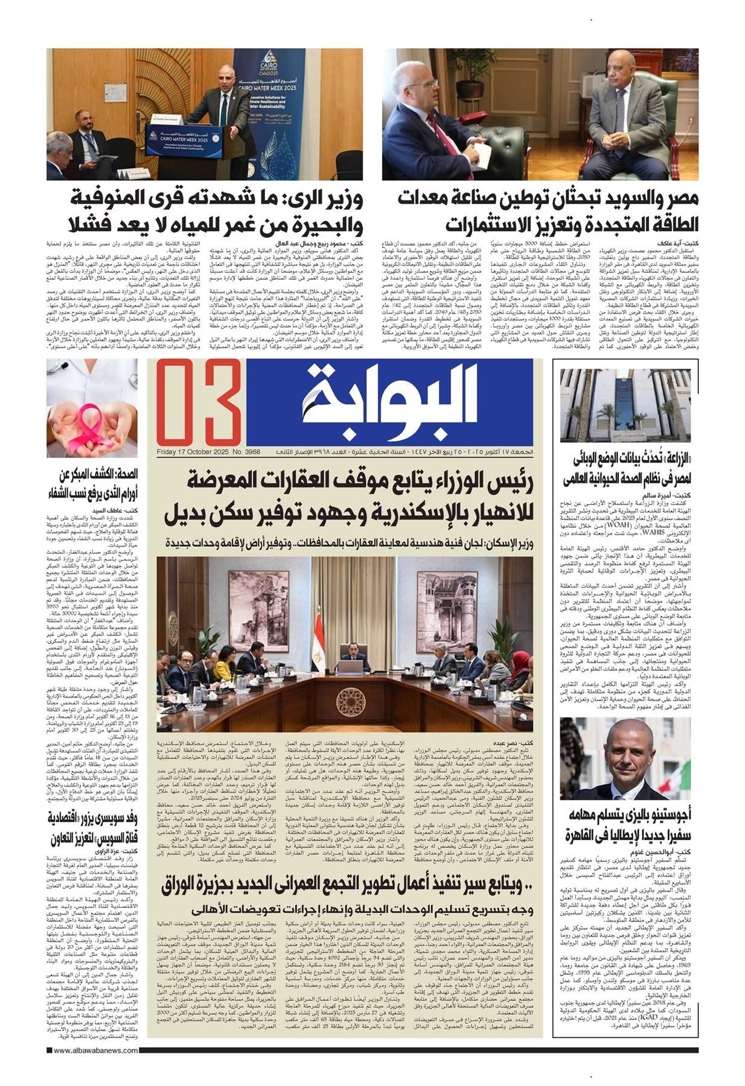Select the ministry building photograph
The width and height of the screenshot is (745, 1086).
625,405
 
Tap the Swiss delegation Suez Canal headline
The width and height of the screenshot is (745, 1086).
93,827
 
